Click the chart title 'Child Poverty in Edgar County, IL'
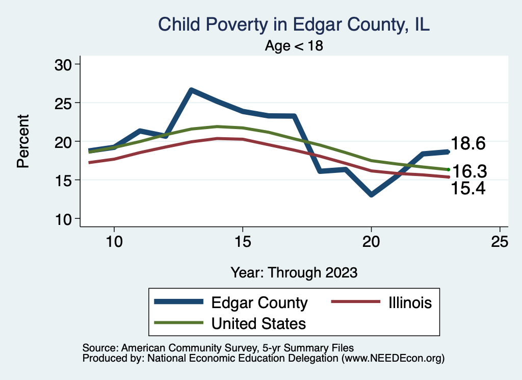point(294,24)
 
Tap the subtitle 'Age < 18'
point(294,46)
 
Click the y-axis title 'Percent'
point(22,141)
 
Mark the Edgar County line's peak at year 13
point(191,90)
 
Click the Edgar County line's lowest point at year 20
point(371,195)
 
